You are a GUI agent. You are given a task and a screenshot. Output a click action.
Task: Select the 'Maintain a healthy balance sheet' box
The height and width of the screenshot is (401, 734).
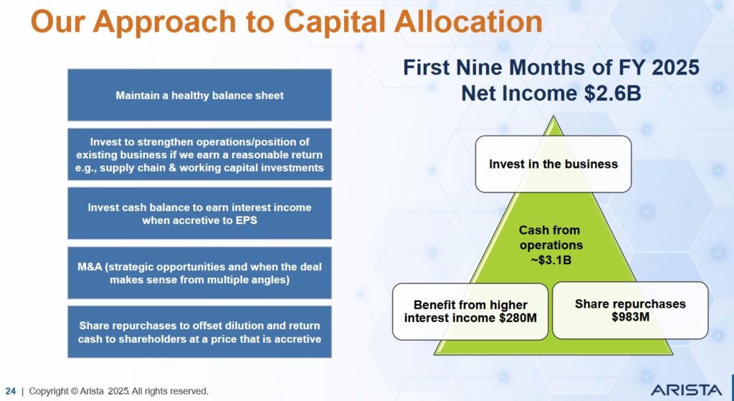point(199,95)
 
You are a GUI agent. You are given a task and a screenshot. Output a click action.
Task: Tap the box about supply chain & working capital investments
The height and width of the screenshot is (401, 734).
point(199,154)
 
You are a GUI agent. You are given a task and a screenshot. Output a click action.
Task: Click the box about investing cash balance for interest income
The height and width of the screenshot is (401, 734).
point(199,213)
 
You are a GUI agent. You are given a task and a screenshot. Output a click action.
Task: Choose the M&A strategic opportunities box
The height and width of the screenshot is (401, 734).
point(199,273)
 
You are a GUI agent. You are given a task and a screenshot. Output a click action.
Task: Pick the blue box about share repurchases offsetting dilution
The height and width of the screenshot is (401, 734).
point(199,332)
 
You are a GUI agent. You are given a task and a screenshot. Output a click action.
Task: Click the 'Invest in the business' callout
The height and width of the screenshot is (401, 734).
point(553,164)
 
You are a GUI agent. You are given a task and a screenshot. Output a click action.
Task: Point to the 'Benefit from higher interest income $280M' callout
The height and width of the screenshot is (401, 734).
point(470,311)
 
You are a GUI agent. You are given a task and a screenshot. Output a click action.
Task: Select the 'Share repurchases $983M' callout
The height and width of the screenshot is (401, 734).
point(629,310)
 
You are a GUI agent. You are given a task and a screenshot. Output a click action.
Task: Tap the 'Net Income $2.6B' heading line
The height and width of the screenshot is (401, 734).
point(550,93)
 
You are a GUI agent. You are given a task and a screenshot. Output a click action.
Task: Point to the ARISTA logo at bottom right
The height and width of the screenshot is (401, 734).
point(686,390)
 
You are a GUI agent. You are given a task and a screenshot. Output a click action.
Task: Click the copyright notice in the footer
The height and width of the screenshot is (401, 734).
point(118,391)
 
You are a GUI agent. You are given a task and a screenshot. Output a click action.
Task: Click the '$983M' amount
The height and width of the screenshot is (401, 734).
point(630,316)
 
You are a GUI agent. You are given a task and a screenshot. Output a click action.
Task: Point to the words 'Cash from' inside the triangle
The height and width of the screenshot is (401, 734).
point(550,230)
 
